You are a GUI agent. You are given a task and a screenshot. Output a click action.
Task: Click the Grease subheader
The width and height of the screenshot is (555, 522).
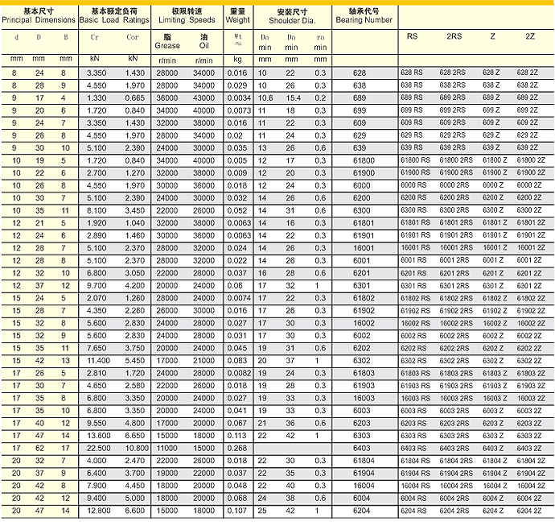[x=168, y=45]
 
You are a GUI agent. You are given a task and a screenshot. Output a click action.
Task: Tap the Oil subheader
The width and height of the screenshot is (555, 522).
[x=203, y=45]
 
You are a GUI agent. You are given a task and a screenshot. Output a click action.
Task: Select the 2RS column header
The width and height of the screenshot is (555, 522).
[x=454, y=37]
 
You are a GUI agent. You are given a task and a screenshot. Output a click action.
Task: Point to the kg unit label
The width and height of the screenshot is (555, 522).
[x=238, y=59]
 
